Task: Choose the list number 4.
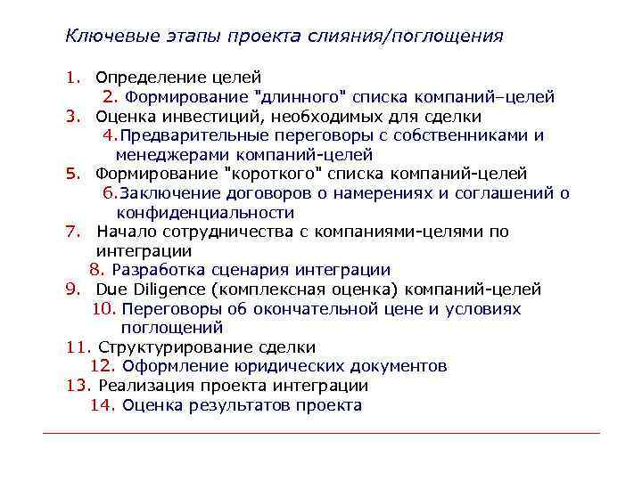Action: (x=109, y=135)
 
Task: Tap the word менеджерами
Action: (x=161, y=154)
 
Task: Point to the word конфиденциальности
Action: (x=205, y=213)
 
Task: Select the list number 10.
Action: (x=103, y=309)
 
